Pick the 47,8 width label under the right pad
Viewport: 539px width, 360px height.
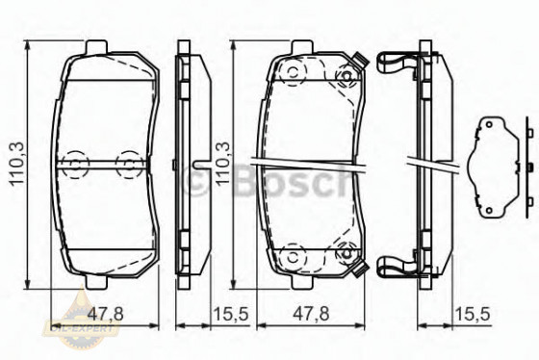click(306, 313)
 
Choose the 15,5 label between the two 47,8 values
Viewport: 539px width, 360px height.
click(228, 313)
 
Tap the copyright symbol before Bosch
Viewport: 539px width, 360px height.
click(196, 180)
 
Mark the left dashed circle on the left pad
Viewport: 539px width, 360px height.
click(71, 164)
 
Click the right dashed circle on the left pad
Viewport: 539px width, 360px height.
click(127, 164)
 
